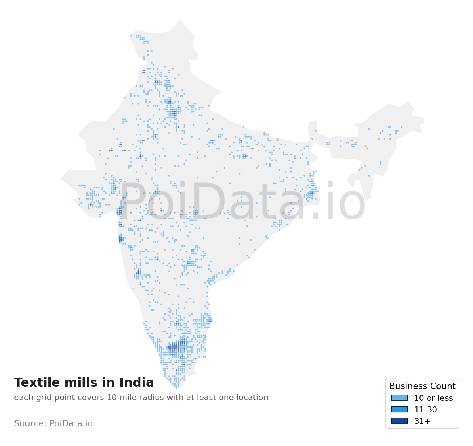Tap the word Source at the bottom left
pos(30,423)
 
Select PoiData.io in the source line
pos(71,423)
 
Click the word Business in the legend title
pos(406,386)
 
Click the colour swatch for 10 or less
pos(399,398)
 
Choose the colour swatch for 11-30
pos(399,409)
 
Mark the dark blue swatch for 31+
pos(399,421)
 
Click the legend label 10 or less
pos(433,398)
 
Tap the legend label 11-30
pos(425,410)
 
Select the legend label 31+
pos(422,421)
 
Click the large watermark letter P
pos(132,202)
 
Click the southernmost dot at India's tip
pos(177,388)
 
